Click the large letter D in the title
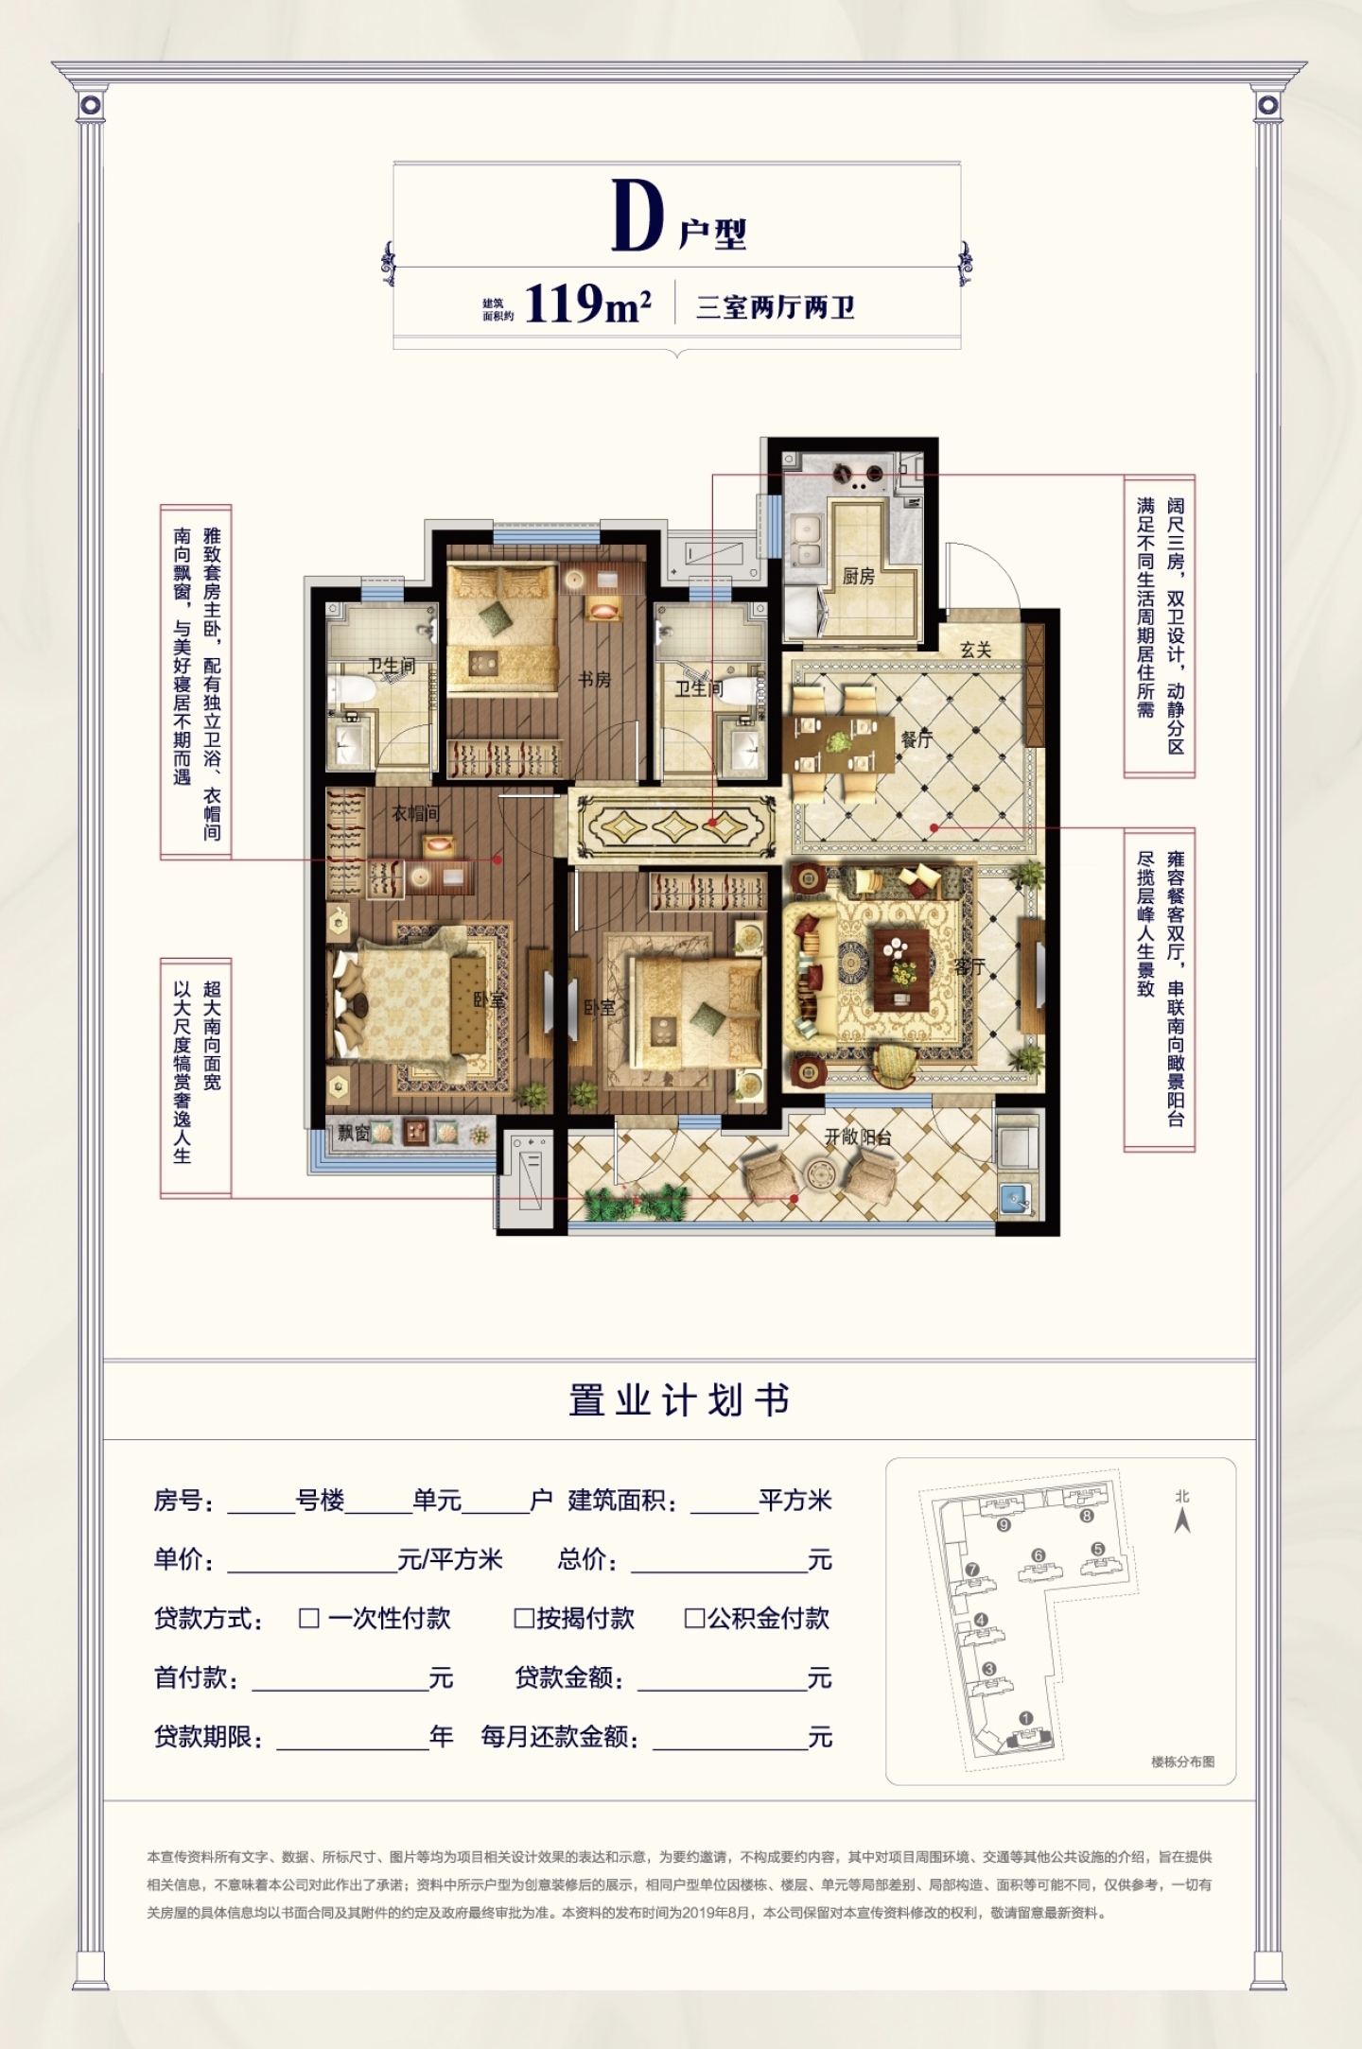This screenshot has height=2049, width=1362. point(637,217)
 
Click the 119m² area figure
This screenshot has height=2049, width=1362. point(587,304)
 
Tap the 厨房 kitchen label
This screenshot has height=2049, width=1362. point(859,576)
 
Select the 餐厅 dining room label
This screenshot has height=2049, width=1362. point(916,739)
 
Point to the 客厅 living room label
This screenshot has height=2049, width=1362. point(969,966)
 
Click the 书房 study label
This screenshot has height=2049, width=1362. point(594,679)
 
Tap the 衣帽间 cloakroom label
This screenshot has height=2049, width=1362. point(416,812)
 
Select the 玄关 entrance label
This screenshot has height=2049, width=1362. point(975,650)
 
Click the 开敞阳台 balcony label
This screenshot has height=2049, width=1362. point(858,1137)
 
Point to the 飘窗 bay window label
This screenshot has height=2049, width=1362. point(354,1133)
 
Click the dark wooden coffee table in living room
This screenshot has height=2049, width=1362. point(902,969)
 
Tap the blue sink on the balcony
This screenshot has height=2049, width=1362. point(1016,1198)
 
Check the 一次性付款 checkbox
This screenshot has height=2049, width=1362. point(308,1618)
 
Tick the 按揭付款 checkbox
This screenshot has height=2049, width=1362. point(523,1618)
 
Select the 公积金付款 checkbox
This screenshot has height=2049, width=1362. point(694,1618)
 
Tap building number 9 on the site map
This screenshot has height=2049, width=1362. point(1004,1524)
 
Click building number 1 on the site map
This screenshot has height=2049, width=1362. point(1025,1718)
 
